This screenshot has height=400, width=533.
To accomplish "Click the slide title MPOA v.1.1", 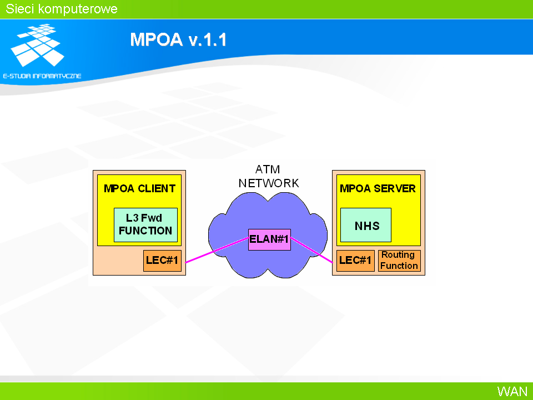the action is pyautogui.click(x=178, y=39).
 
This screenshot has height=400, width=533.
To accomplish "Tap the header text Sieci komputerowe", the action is pyautogui.click(x=62, y=9).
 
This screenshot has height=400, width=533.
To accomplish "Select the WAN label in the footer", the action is pyautogui.click(x=512, y=391).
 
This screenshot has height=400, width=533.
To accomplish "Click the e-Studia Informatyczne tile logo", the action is pyautogui.click(x=38, y=45).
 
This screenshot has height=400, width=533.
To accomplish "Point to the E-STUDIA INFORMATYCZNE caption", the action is pyautogui.click(x=42, y=76).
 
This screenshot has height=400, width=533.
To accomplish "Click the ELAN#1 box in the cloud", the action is pyautogui.click(x=270, y=239).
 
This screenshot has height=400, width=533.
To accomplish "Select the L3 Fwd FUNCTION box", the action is pyautogui.click(x=145, y=225).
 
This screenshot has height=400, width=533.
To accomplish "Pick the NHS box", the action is pyautogui.click(x=366, y=225).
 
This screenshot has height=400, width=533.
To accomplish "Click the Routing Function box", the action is pyautogui.click(x=399, y=261).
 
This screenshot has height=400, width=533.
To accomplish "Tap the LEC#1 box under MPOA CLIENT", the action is pyautogui.click(x=162, y=261).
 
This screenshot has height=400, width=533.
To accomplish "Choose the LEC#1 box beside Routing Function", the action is pyautogui.click(x=355, y=261).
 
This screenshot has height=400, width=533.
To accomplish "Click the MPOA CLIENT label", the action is pyautogui.click(x=139, y=188).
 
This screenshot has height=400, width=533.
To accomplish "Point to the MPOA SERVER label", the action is pyautogui.click(x=378, y=188).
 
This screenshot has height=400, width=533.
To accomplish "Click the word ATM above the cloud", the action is pyautogui.click(x=268, y=169).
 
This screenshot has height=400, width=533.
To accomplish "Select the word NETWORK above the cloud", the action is pyautogui.click(x=269, y=183).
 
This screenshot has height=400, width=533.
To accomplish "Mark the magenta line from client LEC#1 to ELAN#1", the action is pyautogui.click(x=217, y=251).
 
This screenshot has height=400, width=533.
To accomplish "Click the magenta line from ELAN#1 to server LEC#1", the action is pyautogui.click(x=311, y=251).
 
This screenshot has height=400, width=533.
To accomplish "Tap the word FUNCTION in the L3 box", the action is pyautogui.click(x=145, y=231).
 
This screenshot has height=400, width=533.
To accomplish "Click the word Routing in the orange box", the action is pyautogui.click(x=398, y=255).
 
